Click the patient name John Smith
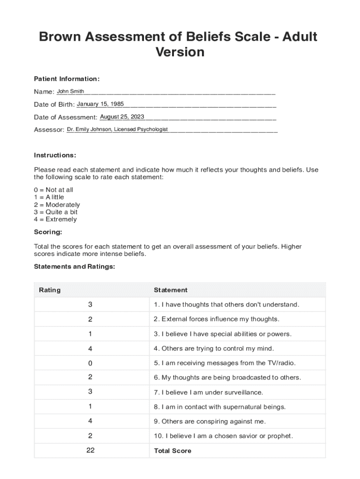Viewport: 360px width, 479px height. click(x=71, y=91)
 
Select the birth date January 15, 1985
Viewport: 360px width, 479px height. click(x=100, y=104)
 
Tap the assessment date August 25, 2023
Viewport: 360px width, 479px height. click(x=122, y=116)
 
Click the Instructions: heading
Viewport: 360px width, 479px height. click(x=55, y=155)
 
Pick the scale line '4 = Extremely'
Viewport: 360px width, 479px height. click(x=55, y=219)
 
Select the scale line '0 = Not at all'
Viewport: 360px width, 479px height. click(x=53, y=190)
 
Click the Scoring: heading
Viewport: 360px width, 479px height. click(x=48, y=232)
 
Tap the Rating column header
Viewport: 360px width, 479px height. click(x=50, y=290)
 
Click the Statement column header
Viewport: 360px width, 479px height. click(x=171, y=290)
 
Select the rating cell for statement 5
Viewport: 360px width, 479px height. click(x=90, y=363)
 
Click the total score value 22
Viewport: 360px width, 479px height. click(x=90, y=450)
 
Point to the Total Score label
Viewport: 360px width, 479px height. click(x=173, y=451)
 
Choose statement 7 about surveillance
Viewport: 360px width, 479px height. click(x=209, y=392)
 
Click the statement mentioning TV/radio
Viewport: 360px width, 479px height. click(x=225, y=363)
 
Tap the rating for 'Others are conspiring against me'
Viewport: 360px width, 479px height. click(x=90, y=421)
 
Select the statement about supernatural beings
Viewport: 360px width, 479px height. click(x=220, y=406)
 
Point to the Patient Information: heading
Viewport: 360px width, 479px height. click(x=66, y=79)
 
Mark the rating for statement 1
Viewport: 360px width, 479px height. click(x=90, y=305)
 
